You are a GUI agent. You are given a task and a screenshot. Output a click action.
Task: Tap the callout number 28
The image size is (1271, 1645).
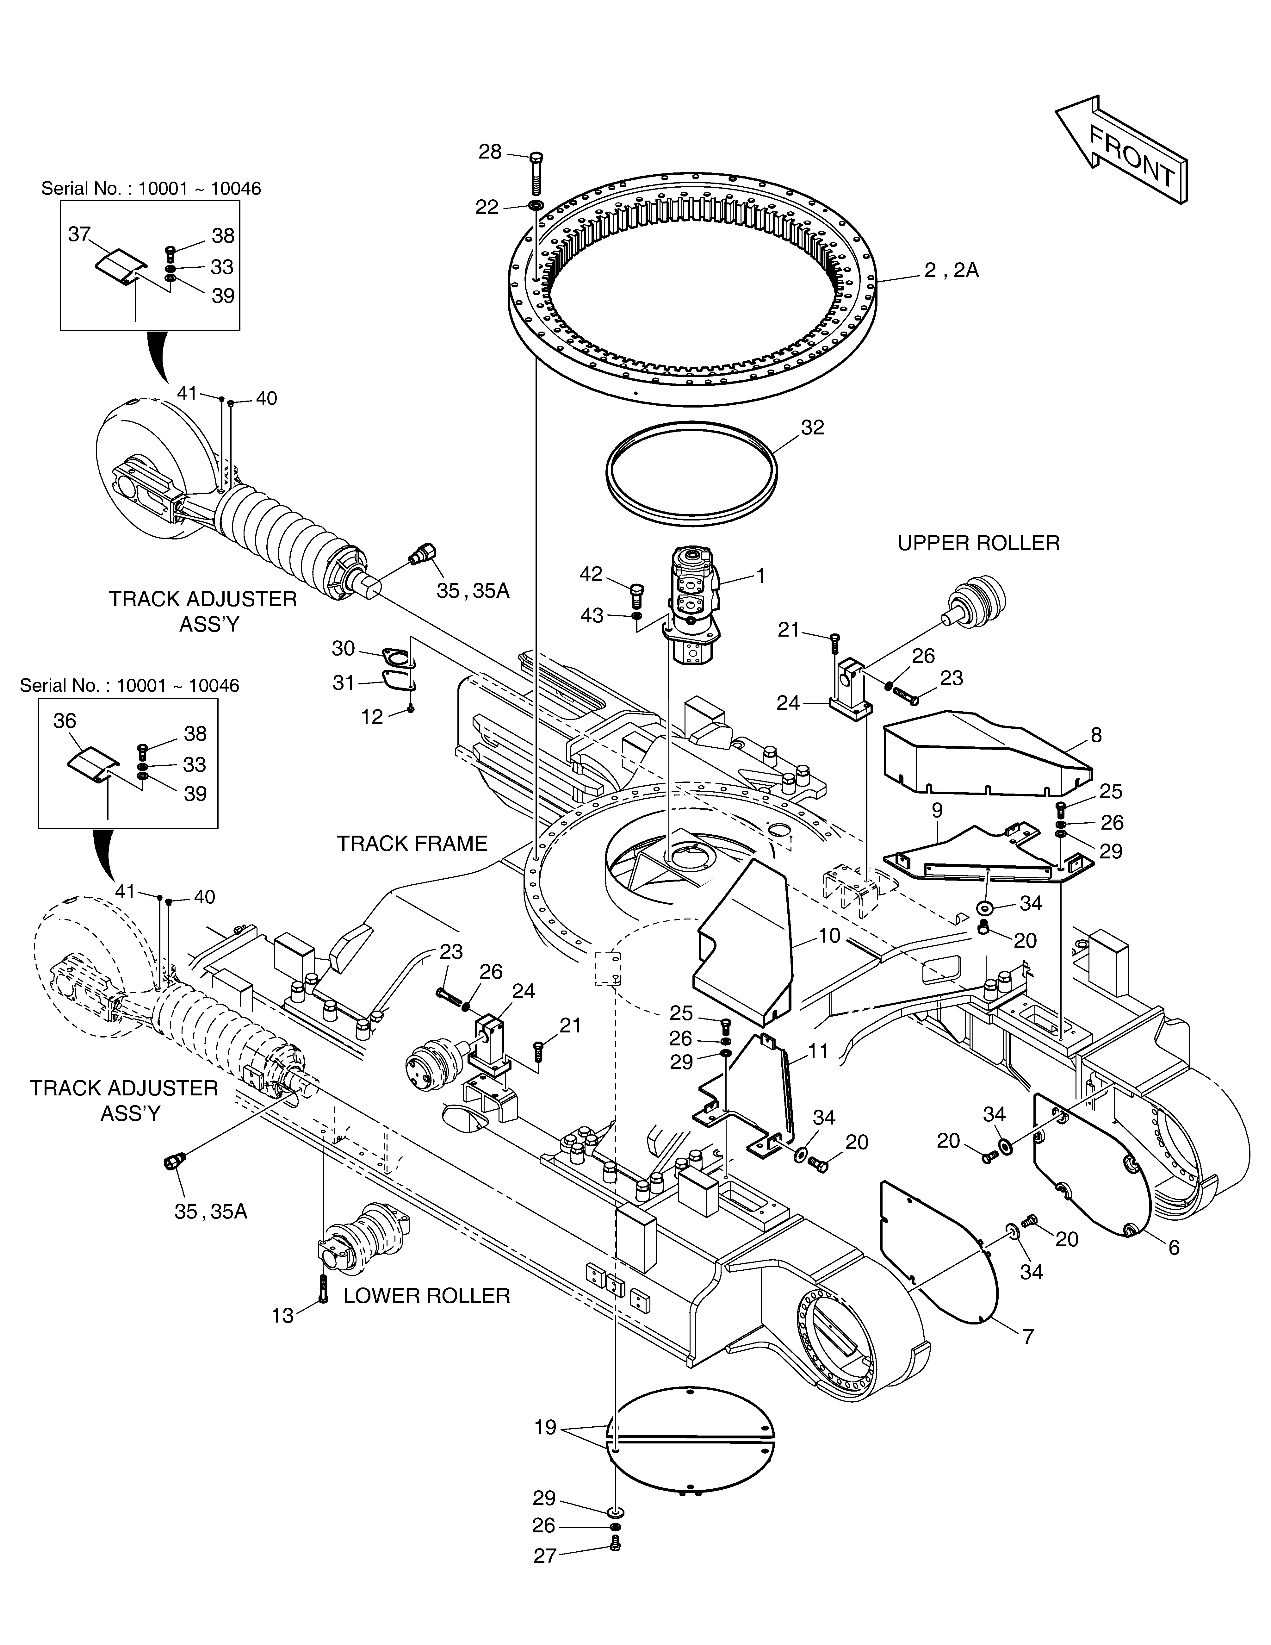coord(490,152)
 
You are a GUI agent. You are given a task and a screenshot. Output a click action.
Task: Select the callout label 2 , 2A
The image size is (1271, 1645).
coord(952,271)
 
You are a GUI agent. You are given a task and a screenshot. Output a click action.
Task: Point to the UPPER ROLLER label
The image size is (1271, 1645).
coord(978,543)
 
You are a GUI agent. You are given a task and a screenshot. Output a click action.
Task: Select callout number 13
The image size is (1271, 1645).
coord(282,1316)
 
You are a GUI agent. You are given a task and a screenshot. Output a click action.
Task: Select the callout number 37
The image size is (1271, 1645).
coord(80,235)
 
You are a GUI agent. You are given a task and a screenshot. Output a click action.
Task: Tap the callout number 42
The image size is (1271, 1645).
coord(591,574)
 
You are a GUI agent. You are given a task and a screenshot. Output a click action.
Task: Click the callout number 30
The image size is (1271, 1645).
coord(343,649)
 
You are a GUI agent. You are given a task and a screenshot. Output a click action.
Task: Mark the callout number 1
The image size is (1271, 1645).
coord(760,576)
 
